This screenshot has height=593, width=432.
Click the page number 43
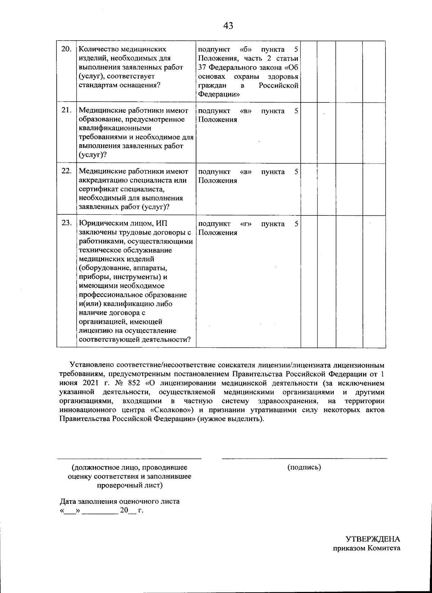point(228,26)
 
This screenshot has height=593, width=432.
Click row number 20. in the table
point(67,49)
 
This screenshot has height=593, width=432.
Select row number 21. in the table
point(67,110)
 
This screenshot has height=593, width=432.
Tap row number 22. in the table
point(67,171)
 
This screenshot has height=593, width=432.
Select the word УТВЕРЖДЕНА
point(373,539)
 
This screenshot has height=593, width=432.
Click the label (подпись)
point(304,467)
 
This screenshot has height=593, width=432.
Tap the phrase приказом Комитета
point(366,548)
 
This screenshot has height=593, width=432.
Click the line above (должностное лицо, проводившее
point(129,459)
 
